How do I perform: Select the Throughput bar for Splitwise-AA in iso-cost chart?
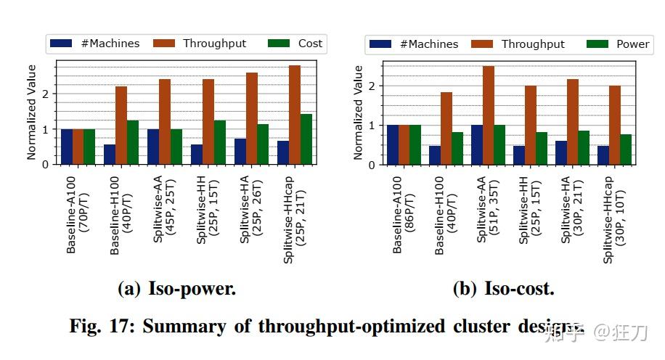click(x=489, y=115)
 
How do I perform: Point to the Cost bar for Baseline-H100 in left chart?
click(x=132, y=142)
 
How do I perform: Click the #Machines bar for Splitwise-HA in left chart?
click(x=240, y=151)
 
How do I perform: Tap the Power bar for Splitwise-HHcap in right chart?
click(x=626, y=150)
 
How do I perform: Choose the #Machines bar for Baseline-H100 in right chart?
click(x=435, y=155)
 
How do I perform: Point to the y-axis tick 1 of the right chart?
click(x=372, y=126)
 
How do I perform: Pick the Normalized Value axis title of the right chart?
click(x=358, y=112)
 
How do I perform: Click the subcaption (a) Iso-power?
click(x=176, y=289)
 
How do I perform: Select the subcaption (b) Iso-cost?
click(x=503, y=289)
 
